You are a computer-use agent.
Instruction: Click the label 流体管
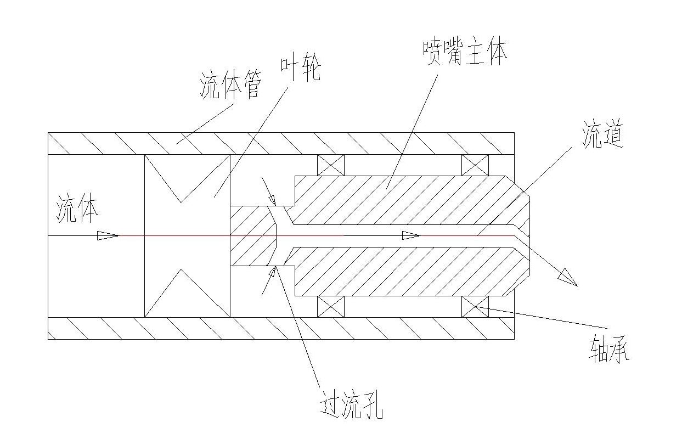tap(229, 86)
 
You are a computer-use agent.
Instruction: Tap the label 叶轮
tap(300, 69)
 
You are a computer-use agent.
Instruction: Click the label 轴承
tap(608, 348)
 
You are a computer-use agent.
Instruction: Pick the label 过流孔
tap(351, 406)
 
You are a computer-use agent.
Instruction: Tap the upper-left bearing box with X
tap(331, 165)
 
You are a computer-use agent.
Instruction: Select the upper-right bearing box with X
tap(475, 165)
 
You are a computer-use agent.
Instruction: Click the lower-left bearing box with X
tap(331, 306)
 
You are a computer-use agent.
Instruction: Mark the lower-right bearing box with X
tap(475, 306)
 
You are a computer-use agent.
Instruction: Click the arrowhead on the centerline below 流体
tap(108, 235)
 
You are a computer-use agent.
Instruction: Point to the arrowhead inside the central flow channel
tap(410, 235)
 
